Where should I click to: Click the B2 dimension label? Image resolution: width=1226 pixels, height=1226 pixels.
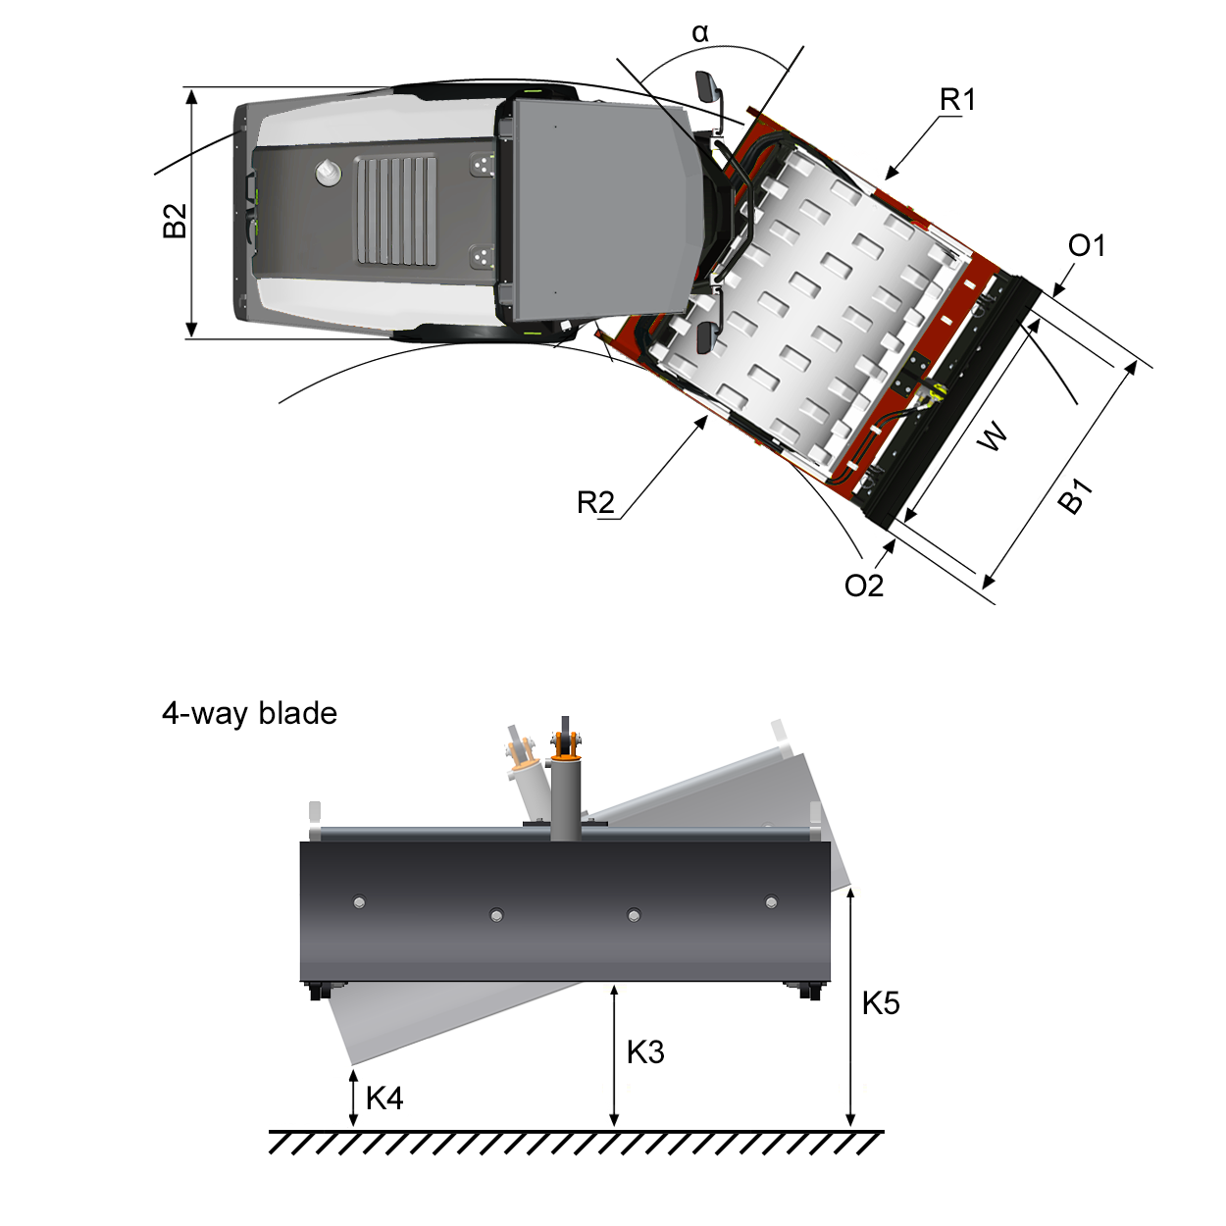(174, 221)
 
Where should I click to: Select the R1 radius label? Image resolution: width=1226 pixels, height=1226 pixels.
(957, 100)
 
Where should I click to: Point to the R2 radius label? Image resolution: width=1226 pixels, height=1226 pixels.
(595, 503)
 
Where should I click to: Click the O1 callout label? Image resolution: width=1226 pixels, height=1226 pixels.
(1086, 245)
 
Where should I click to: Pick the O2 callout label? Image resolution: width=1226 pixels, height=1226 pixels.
(864, 586)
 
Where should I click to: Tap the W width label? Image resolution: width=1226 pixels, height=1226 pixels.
(993, 435)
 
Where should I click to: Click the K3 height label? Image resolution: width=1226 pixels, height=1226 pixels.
(645, 1052)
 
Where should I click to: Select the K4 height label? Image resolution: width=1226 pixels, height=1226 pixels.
(384, 1098)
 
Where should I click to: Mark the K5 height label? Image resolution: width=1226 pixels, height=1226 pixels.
(881, 1003)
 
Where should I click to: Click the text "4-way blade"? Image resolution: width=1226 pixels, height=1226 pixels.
(249, 713)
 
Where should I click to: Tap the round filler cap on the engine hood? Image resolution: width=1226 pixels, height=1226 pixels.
(328, 174)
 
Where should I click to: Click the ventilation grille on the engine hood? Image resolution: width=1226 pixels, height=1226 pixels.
(396, 210)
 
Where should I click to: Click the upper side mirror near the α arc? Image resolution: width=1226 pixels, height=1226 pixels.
(706, 86)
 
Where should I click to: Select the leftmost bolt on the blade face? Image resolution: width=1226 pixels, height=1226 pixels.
(359, 902)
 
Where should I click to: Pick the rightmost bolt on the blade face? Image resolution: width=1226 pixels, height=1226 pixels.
(771, 902)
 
